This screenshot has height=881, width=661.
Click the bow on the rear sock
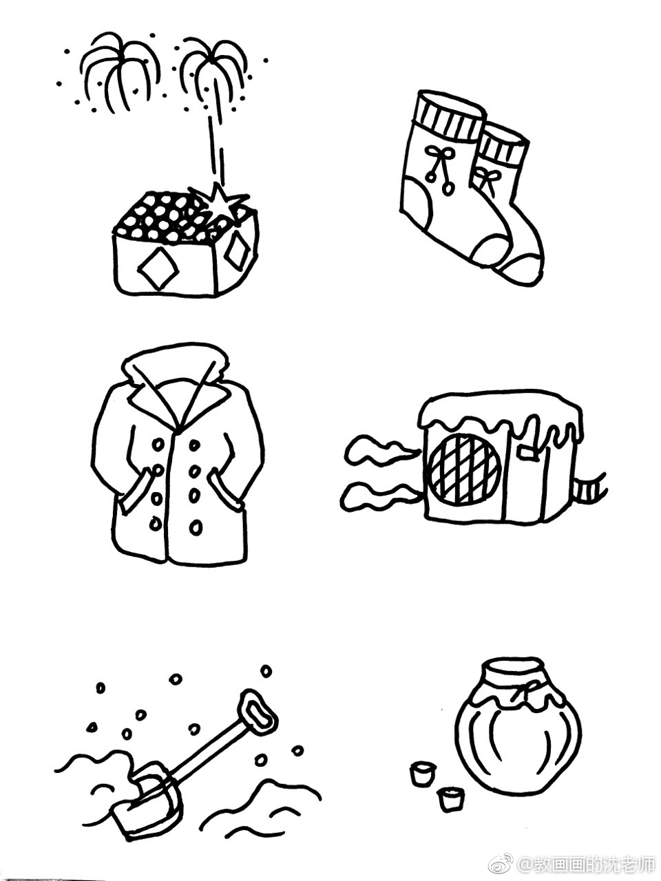coord(487,178)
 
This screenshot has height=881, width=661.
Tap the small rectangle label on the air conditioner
coord(528,452)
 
